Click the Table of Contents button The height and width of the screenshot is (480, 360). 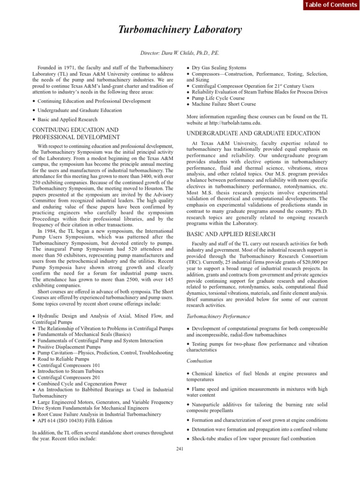[330, 5]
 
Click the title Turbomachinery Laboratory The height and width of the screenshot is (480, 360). [180, 30]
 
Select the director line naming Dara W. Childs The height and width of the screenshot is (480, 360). [180, 53]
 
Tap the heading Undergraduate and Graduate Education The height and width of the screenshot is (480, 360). [253, 134]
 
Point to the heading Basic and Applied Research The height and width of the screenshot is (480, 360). [231, 234]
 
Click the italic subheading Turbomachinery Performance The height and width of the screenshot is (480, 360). [218, 316]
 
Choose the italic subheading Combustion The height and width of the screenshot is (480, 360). [200, 361]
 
